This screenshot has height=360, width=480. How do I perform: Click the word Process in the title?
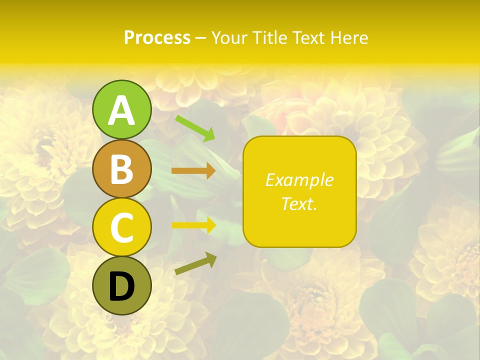[x=157, y=37]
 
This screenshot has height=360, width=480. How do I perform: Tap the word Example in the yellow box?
[x=299, y=180]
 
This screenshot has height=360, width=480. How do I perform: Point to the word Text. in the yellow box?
[x=299, y=203]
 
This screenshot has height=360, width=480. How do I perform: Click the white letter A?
[x=122, y=110]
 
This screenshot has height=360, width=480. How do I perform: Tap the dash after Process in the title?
[x=200, y=38]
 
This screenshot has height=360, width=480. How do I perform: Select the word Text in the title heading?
[x=308, y=37]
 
